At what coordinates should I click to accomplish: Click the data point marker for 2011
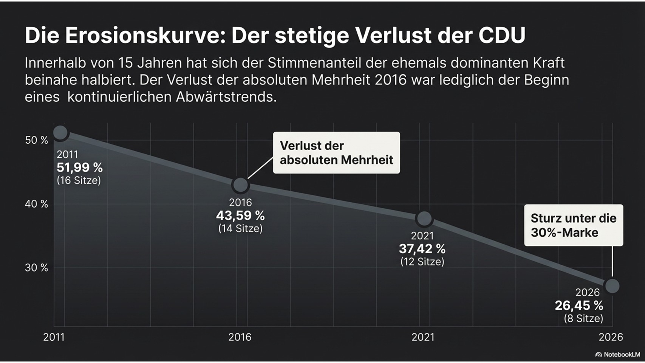60,133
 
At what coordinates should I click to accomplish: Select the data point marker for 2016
240,185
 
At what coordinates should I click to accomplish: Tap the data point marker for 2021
424,218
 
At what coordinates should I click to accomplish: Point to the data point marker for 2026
612,286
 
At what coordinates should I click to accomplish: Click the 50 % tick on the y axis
37,140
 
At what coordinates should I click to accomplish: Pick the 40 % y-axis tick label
37,204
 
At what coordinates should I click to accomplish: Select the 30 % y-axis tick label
37,268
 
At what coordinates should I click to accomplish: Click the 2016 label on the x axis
240,337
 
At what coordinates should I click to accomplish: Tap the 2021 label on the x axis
423,337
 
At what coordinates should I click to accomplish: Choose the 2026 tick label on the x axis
611,337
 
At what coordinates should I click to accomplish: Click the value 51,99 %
80,168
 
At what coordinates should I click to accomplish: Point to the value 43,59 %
240,216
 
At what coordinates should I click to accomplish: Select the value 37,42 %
422,249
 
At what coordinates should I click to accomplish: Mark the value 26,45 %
579,306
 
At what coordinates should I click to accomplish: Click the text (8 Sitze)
583,318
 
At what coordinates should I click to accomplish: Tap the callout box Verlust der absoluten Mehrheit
336,153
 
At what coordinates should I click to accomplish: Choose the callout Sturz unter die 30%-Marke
573,225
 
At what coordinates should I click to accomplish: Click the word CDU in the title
502,35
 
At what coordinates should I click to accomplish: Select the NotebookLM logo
617,354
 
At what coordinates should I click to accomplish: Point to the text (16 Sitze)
79,180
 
